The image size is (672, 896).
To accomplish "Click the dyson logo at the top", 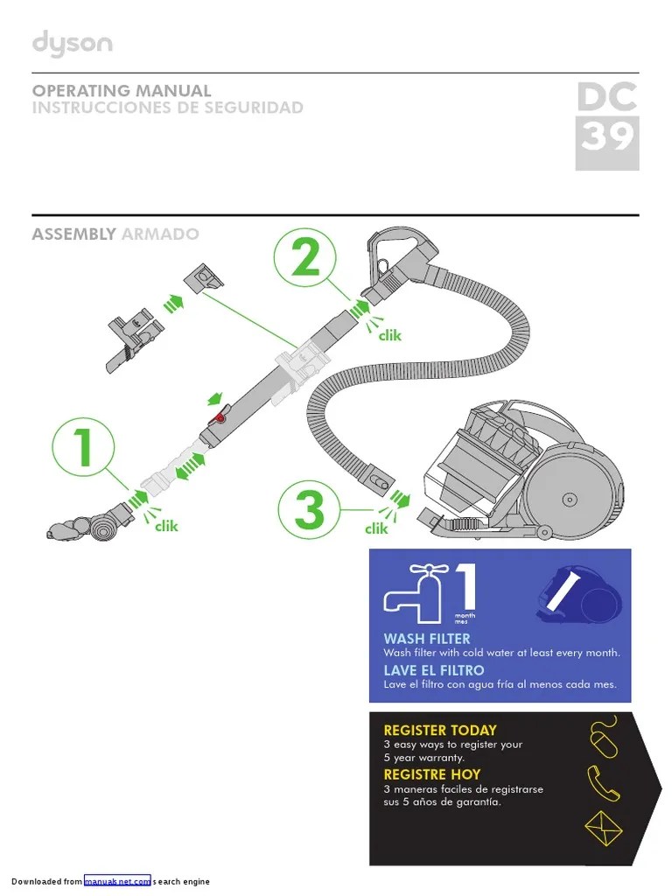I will click(72, 45).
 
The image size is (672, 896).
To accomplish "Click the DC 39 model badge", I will click(606, 125).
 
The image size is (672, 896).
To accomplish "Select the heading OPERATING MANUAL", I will click(122, 91).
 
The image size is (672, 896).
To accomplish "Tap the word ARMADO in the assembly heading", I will click(160, 234).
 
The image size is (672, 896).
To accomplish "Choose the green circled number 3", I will click(309, 509).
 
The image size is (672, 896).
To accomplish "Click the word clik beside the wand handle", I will click(389, 334).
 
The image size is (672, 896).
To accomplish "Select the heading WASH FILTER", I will click(426, 639).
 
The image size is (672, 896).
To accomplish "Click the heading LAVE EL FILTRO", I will click(433, 670).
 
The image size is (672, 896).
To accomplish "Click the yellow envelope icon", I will click(603, 827).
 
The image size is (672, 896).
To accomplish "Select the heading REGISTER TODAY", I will click(439, 730).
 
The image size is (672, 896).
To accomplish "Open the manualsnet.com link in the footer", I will click(117, 881).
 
